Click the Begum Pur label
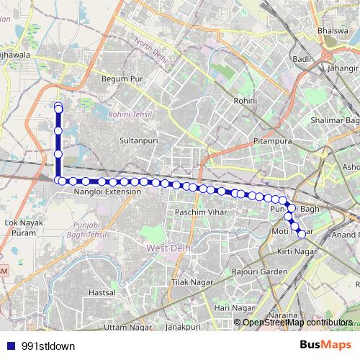[x=120, y=78]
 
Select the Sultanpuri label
[x=138, y=142]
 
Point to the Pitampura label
[x=272, y=141]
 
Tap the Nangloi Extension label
[x=107, y=193]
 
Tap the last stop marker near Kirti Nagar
[x=302, y=233]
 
